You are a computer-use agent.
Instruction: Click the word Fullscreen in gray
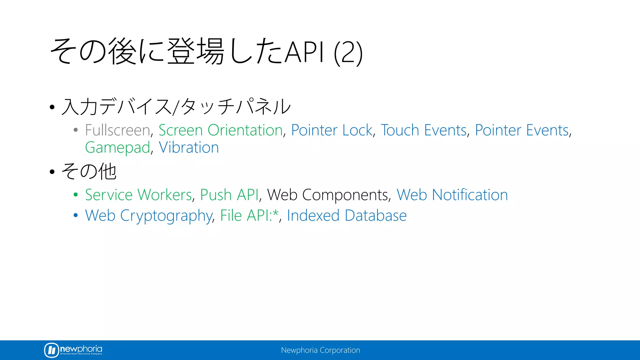[x=117, y=130]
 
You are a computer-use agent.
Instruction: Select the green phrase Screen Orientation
[x=221, y=130]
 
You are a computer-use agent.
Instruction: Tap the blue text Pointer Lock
[x=332, y=130]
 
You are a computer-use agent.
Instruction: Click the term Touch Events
[x=423, y=130]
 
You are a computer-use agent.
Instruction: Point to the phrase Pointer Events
[x=522, y=130]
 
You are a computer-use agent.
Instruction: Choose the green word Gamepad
[x=117, y=147]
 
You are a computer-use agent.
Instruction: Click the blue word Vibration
[x=189, y=147]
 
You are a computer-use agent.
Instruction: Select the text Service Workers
[x=138, y=195]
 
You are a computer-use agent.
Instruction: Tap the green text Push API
[x=229, y=195]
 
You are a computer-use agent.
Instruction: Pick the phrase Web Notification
[x=452, y=195]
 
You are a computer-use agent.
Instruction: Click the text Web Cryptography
[x=149, y=216]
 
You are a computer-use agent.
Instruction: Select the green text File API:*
[x=249, y=216]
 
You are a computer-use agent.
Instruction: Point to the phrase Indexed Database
[x=347, y=216]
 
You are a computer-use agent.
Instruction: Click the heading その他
[x=89, y=172]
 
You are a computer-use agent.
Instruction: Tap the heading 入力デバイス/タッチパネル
[x=176, y=107]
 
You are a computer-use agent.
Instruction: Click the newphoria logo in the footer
[x=73, y=350]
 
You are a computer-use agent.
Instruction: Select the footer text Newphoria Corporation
[x=320, y=350]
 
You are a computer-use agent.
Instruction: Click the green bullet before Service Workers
[x=76, y=195]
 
